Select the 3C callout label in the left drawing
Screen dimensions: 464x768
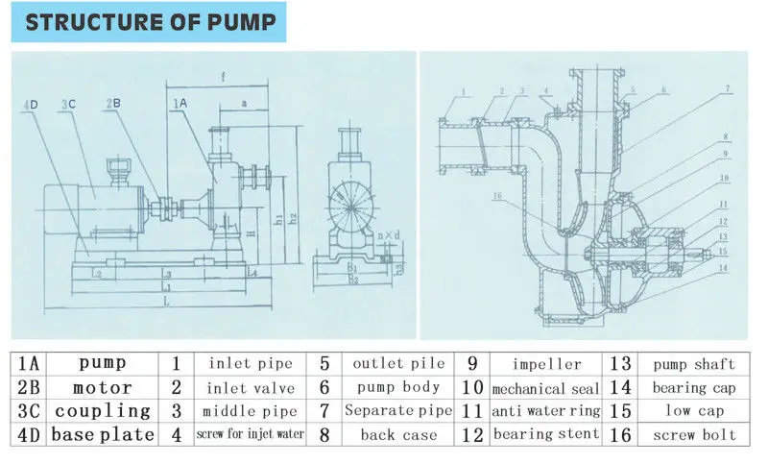point(67,103)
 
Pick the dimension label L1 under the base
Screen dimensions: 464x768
point(165,287)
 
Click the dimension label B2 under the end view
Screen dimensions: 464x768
point(352,280)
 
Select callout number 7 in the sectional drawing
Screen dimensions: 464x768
point(727,88)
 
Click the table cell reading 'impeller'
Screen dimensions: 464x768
point(545,364)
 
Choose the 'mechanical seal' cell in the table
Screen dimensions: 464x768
point(545,388)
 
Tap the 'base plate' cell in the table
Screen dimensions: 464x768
point(102,435)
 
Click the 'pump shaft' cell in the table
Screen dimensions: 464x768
point(693,364)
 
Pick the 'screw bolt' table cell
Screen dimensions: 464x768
point(693,435)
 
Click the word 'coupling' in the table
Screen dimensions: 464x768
point(102,411)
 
